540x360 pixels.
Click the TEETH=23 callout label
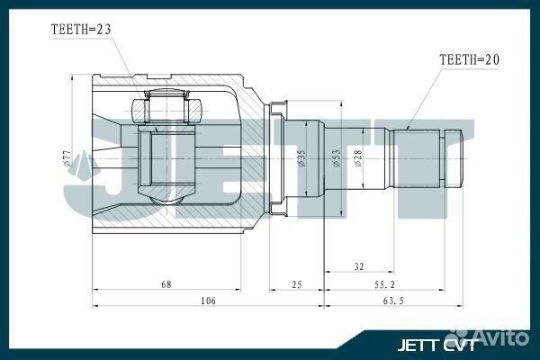[81, 29]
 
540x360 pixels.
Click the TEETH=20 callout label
[468, 58]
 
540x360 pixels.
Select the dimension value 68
[166, 284]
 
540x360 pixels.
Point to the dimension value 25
[297, 284]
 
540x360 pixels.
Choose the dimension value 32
[359, 266]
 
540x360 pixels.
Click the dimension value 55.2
[385, 284]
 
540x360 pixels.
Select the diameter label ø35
[300, 158]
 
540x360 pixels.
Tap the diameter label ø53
[334, 158]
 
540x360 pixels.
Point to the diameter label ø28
[357, 158]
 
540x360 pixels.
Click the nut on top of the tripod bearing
[161, 111]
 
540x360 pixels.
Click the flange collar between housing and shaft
[278, 159]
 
